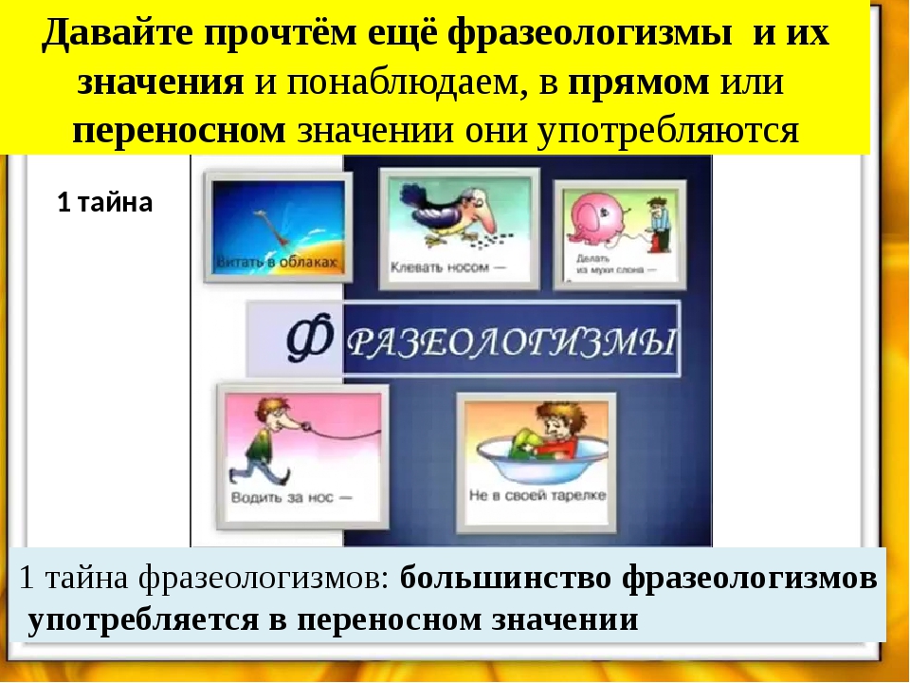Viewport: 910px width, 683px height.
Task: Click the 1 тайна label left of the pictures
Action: (104, 203)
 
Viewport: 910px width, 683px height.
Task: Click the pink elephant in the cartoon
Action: (600, 219)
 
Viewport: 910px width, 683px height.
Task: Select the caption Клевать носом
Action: (441, 268)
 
